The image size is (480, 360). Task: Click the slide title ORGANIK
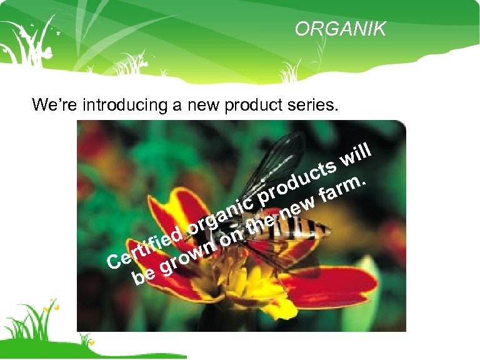point(341,29)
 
